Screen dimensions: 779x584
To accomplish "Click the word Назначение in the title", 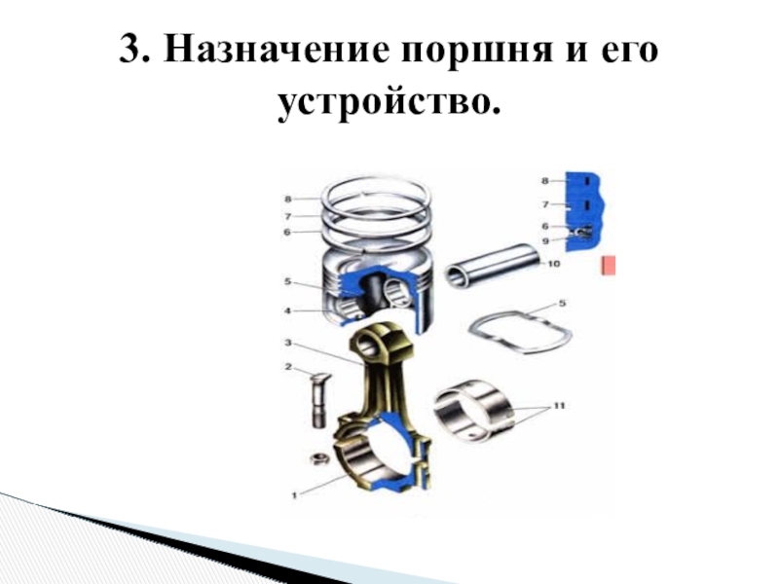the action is [x=276, y=50].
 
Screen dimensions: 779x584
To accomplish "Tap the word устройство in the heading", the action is [x=389, y=103].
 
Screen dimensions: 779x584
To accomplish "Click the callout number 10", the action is [x=553, y=264].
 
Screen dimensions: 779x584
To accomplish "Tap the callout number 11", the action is [x=559, y=406].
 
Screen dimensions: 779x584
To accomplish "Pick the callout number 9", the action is [x=545, y=240].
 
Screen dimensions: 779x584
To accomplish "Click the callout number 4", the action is [x=287, y=310].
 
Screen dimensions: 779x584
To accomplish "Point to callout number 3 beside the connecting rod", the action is [x=288, y=343].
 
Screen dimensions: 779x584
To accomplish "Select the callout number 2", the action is [x=288, y=367].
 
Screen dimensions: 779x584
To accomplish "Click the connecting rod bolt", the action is [x=319, y=399].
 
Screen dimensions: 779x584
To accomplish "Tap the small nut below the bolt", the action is [x=319, y=458].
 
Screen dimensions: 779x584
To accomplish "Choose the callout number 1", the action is [x=294, y=494].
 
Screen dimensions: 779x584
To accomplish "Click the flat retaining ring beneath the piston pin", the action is [x=520, y=331].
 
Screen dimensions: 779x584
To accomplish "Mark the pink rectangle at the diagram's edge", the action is [x=609, y=266].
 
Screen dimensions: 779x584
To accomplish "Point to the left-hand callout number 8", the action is [x=287, y=200].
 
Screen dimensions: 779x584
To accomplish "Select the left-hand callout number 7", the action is [x=287, y=216].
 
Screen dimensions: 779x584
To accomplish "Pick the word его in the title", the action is [x=629, y=51].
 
